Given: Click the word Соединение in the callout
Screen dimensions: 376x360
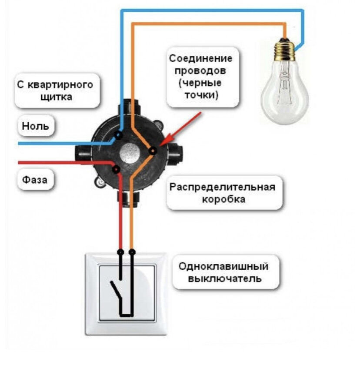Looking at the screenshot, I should [x=201, y=59].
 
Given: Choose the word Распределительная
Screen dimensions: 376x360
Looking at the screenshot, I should [x=222, y=188].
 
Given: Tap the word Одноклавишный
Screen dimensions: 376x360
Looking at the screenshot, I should [x=223, y=266].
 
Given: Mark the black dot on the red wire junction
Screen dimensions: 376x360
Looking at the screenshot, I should [x=116, y=169].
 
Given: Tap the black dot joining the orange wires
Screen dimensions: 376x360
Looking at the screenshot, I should [x=153, y=151].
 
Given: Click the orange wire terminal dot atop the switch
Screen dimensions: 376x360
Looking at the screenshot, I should [x=132, y=252].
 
